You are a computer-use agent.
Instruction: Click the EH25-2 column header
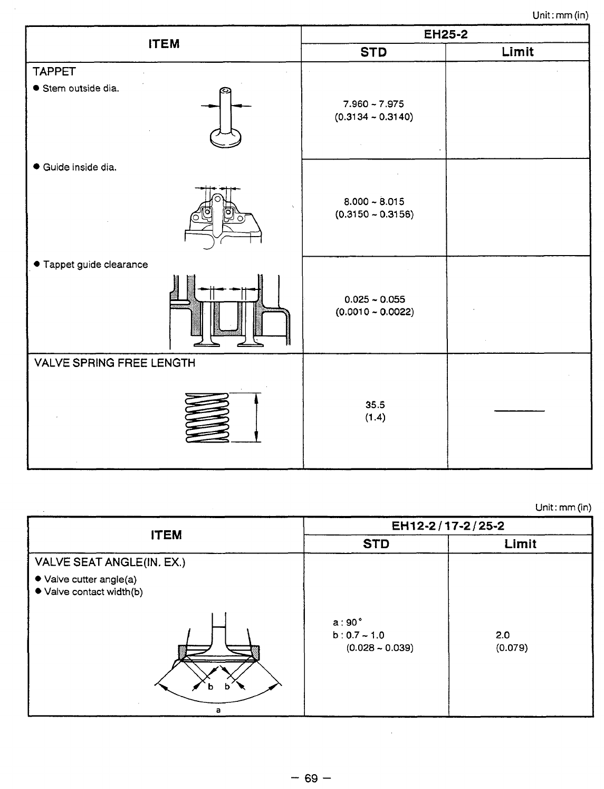click(446, 35)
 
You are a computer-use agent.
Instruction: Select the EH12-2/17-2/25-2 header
click(448, 527)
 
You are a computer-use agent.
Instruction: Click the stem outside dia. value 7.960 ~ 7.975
click(373, 104)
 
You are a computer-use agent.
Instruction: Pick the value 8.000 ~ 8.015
click(374, 202)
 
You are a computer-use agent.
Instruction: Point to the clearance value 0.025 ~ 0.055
click(375, 299)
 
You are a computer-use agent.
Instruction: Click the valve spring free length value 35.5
click(375, 405)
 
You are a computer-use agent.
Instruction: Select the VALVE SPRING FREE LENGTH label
click(114, 363)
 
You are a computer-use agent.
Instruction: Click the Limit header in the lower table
click(520, 544)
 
